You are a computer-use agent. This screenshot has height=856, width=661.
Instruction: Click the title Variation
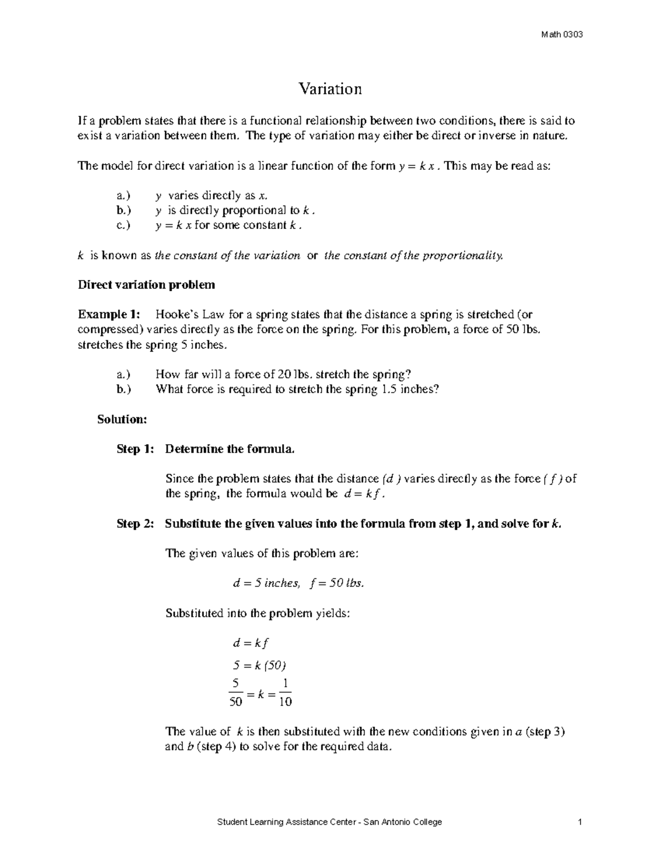(330, 89)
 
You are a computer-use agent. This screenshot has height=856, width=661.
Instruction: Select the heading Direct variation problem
(146, 285)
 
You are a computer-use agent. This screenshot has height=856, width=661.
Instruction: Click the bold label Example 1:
(109, 315)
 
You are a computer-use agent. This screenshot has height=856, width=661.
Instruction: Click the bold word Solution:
(122, 419)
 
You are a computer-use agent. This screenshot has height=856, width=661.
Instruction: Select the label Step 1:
(136, 449)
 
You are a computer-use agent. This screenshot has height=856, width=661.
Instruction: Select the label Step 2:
(136, 524)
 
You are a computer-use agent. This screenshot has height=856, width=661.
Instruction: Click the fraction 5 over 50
(236, 693)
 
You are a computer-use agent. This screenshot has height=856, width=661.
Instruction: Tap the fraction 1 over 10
(285, 693)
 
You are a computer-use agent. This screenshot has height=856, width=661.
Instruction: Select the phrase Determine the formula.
(230, 449)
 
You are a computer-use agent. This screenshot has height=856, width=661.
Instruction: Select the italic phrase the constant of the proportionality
(414, 255)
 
